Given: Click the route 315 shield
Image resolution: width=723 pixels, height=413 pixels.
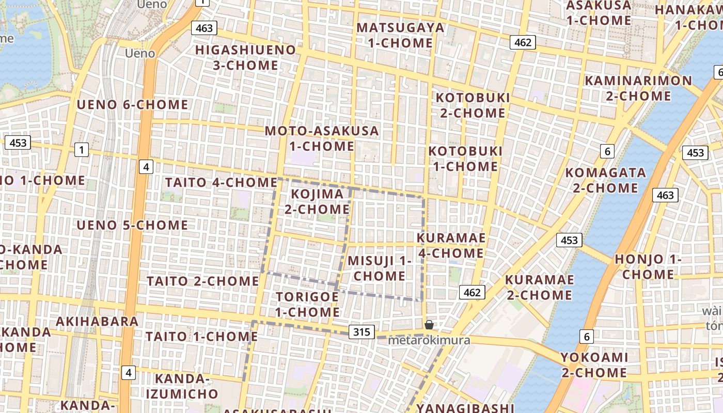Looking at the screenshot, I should coord(361,332).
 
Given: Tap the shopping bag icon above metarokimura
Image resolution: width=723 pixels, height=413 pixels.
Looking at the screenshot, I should coord(429,324).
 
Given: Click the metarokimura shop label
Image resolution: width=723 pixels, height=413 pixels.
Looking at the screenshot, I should coord(429,340).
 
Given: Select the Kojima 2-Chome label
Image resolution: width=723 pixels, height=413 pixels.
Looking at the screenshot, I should coord(317,201).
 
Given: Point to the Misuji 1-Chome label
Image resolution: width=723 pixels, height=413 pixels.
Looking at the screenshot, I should coord(380,268).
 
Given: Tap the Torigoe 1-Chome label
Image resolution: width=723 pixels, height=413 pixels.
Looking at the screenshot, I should coord(307,305).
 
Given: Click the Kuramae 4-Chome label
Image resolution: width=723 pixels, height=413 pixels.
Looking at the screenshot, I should coord(451,245).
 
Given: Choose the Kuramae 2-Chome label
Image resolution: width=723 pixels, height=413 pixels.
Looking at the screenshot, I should coord(539,287).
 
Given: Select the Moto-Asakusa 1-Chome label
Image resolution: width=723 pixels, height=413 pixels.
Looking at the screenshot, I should coord(322,138).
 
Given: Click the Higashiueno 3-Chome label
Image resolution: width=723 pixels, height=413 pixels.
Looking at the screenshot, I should coord(245,57).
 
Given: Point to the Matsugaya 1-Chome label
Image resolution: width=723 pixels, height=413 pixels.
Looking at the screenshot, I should coord(400,35).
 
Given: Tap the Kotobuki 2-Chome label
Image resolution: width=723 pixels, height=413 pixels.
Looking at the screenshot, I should coord(473,105).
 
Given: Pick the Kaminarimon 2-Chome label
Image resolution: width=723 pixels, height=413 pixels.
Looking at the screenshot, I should coord(638,88).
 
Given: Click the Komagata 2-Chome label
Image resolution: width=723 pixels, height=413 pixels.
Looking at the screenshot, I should coord(605,180).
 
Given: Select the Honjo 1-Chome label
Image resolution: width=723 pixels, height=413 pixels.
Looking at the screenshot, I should coord(648,266).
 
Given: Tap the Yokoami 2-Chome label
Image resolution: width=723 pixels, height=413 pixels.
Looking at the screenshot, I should coord(594,364).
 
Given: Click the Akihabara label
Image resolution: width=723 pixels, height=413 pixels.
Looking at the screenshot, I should coord(97,322).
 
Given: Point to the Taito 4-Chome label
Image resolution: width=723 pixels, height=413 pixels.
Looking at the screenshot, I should coord(221,182).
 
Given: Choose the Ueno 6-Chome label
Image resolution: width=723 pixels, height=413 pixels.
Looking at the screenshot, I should coord(132,104).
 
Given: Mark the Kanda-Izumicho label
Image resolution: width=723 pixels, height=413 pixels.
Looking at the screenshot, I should coord(182,386).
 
